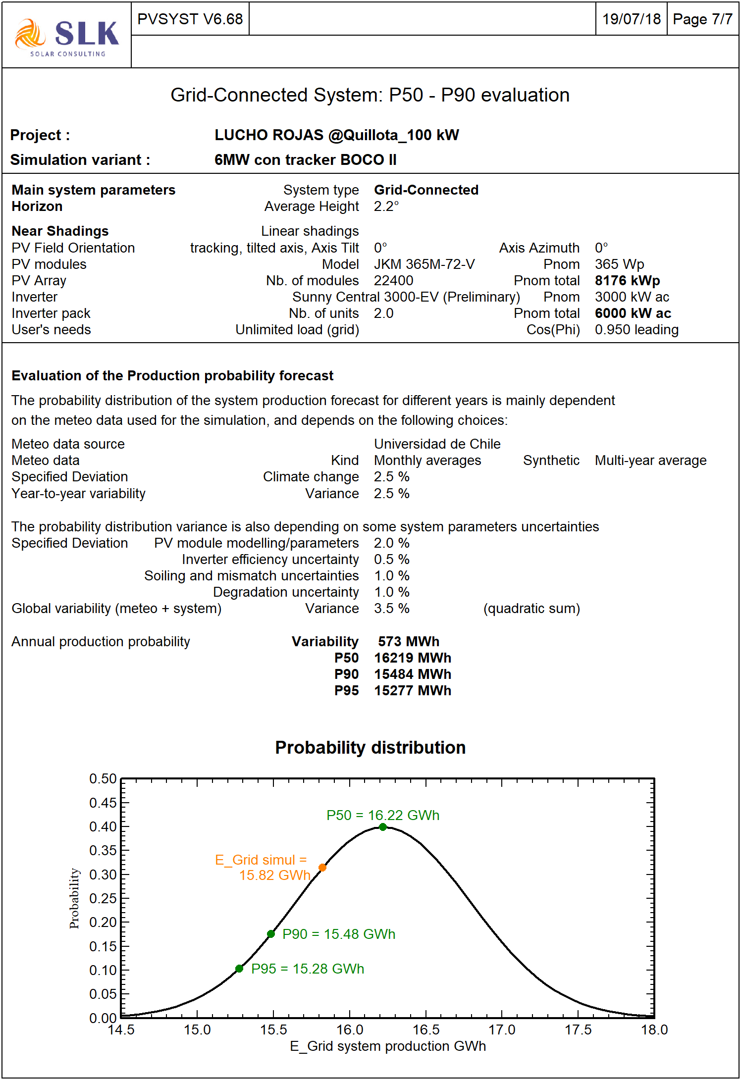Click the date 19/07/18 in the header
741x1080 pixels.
[x=631, y=19]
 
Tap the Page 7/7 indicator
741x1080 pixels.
[x=702, y=19]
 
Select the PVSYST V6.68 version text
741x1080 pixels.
[x=190, y=19]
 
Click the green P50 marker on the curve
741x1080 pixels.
[x=382, y=827]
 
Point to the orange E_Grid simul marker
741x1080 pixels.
[x=322, y=868]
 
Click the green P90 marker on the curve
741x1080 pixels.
[x=271, y=934]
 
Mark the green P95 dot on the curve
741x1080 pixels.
[x=239, y=969]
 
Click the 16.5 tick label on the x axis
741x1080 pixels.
[x=426, y=1030]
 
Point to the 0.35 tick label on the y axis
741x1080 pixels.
[x=103, y=851]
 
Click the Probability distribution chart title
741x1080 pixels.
[x=370, y=747]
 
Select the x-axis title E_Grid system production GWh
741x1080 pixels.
[x=387, y=1046]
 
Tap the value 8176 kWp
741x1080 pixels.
[x=627, y=281]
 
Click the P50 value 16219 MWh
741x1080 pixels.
[x=413, y=658]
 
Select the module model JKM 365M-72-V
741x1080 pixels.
[x=424, y=264]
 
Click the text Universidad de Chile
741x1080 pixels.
[x=437, y=444]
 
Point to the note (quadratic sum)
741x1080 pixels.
[x=531, y=609]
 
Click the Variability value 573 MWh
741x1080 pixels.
[x=409, y=642]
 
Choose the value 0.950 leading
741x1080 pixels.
[x=636, y=330]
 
